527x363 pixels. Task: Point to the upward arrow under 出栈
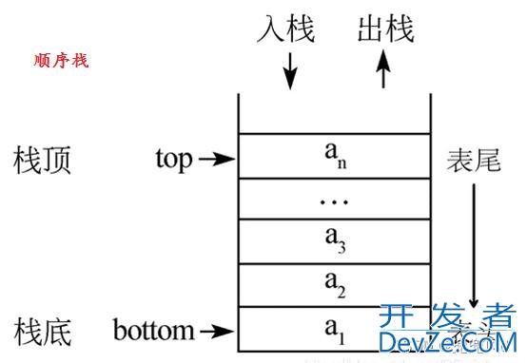[384, 70]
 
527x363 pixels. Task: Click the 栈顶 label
[43, 159]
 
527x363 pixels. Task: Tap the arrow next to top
[216, 160]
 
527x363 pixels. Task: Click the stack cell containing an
[334, 155]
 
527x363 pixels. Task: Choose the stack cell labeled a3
[334, 241]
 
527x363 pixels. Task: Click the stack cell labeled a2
[334, 284]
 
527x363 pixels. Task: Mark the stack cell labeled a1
[334, 329]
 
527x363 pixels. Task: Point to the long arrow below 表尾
[474, 243]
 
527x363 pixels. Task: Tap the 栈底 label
[43, 332]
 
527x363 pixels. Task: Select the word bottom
[153, 332]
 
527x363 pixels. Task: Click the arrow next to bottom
[216, 332]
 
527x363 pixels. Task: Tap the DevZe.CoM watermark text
[447, 342]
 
